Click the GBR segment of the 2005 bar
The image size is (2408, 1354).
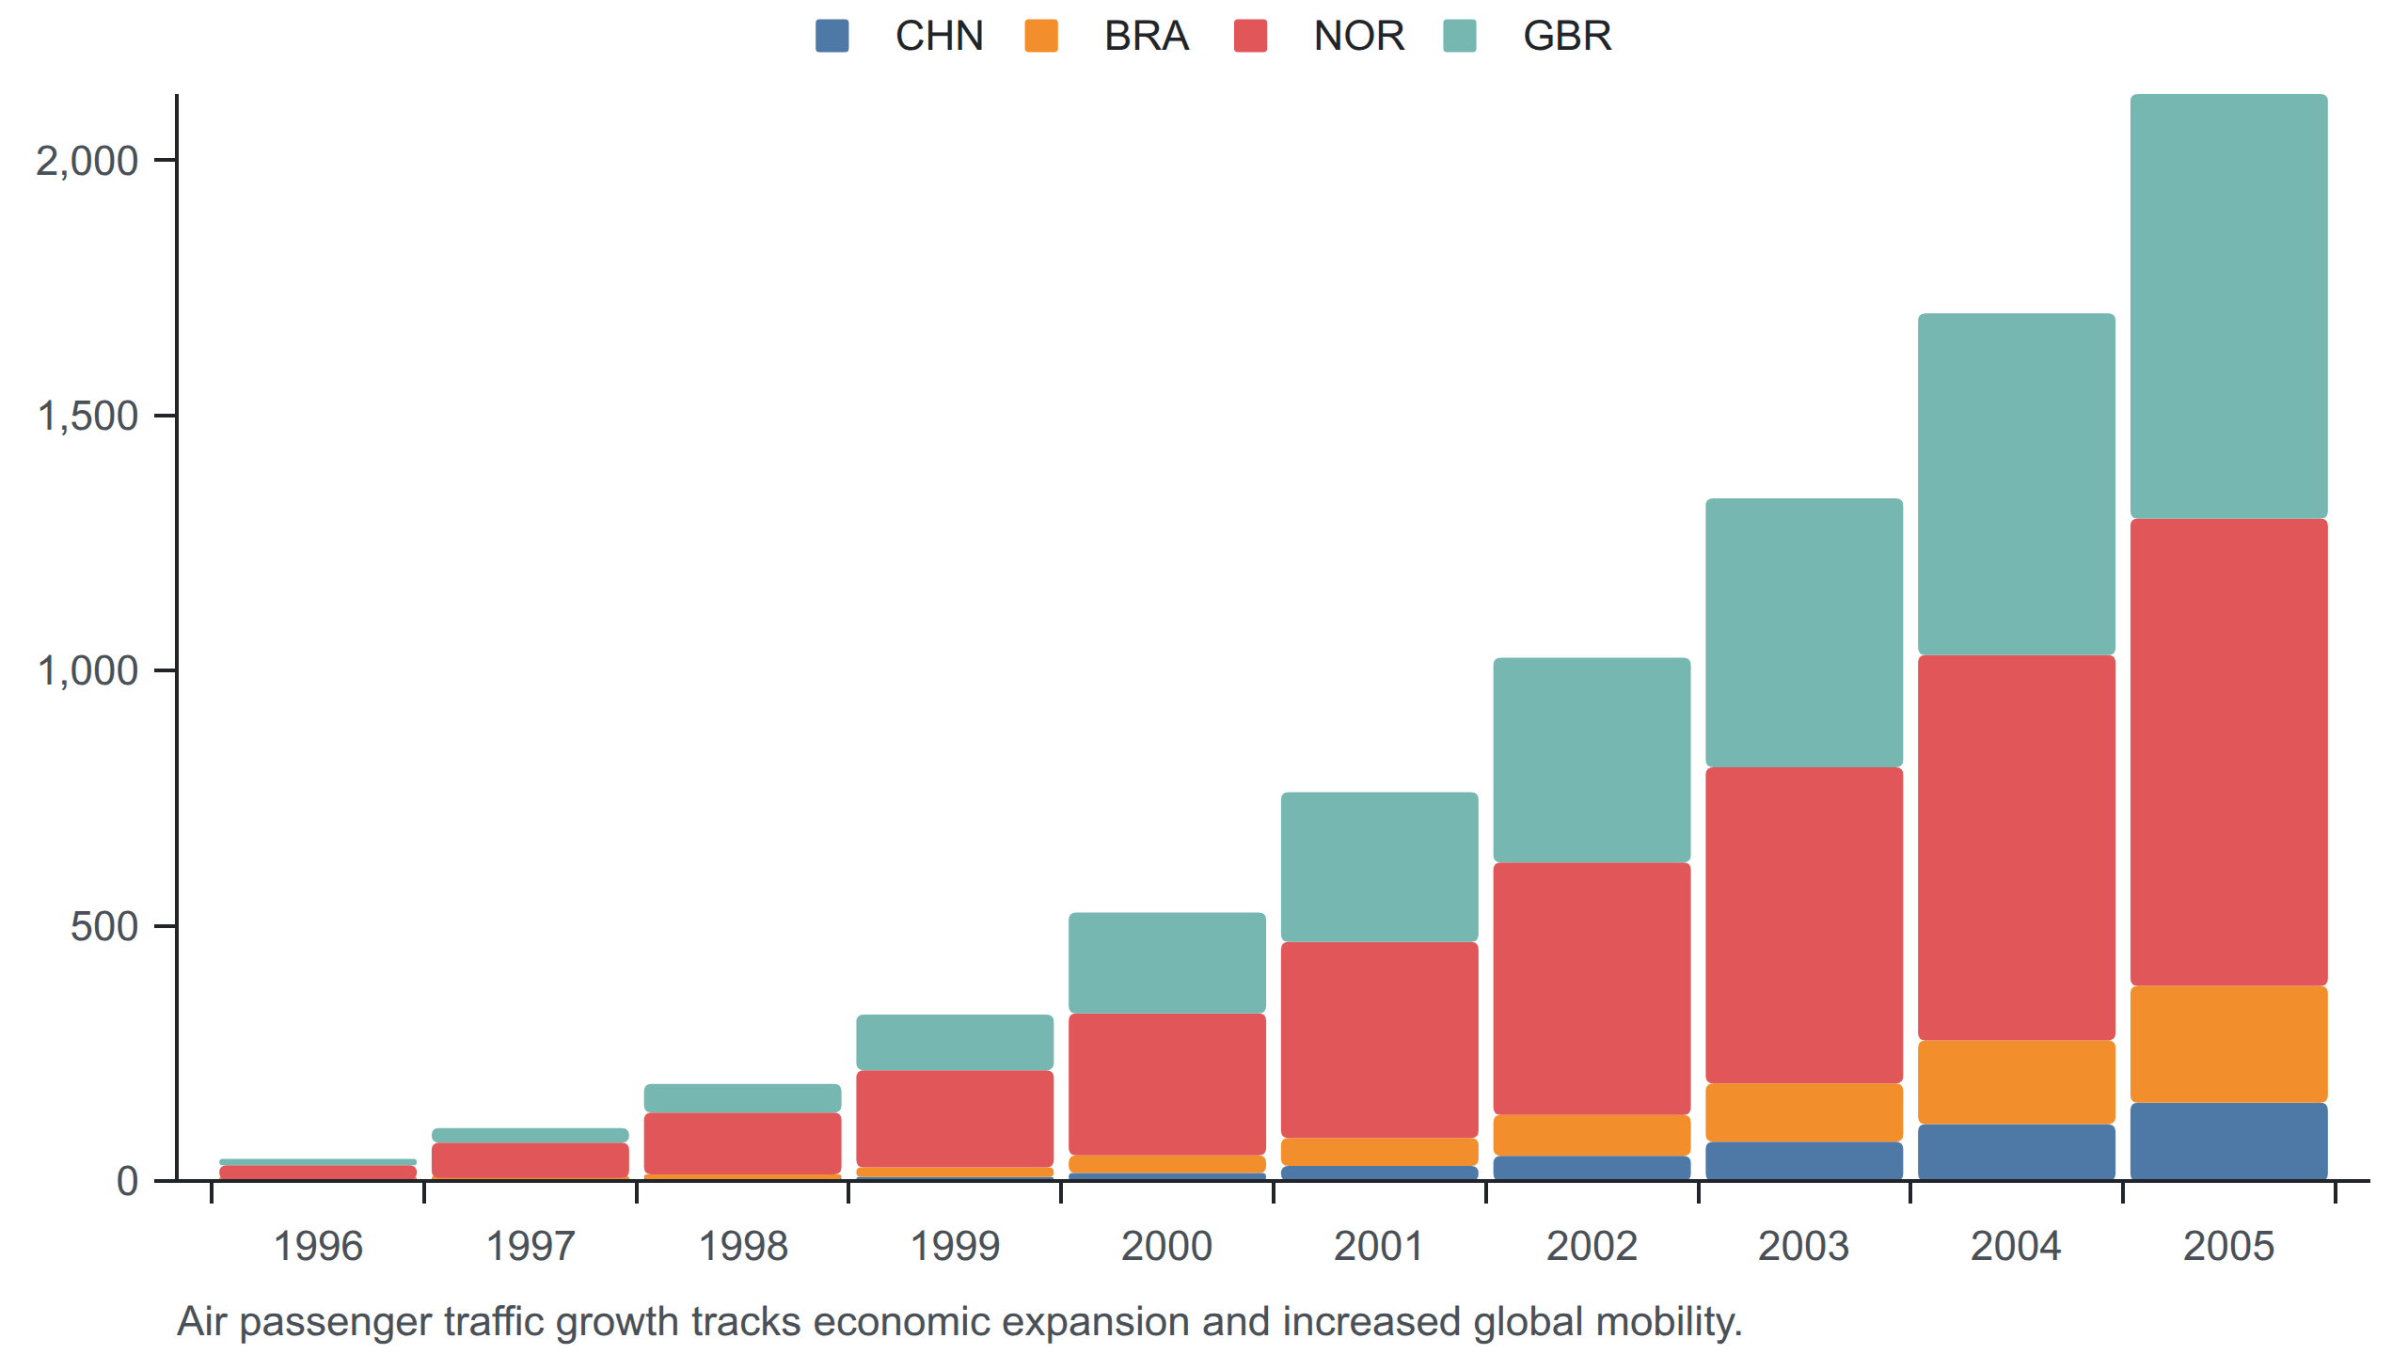pyautogui.click(x=2228, y=307)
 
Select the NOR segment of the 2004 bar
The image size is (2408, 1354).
pyautogui.click(x=2016, y=848)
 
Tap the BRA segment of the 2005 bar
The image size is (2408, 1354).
pyautogui.click(x=2228, y=1045)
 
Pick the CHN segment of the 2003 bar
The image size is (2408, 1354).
pyautogui.click(x=1804, y=1161)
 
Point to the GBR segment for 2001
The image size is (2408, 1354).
pyautogui.click(x=1379, y=867)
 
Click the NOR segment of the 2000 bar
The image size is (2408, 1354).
pyautogui.click(x=1166, y=1084)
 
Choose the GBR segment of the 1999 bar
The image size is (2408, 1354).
pyautogui.click(x=955, y=1043)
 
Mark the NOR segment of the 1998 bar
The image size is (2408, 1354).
pyautogui.click(x=742, y=1143)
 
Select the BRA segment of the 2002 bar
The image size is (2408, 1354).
pyautogui.click(x=1592, y=1136)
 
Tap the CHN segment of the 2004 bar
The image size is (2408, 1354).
pyautogui.click(x=2016, y=1153)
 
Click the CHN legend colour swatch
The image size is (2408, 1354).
pyautogui.click(x=832, y=36)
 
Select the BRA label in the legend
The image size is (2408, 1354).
pyautogui.click(x=1147, y=36)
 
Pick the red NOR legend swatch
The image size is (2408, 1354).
pyautogui.click(x=1250, y=36)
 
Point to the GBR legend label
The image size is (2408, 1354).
pyautogui.click(x=1567, y=36)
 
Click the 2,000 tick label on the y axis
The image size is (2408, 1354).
pyautogui.click(x=87, y=161)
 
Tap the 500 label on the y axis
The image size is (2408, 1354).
pyautogui.click(x=104, y=926)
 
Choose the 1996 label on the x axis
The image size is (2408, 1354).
pyautogui.click(x=318, y=1247)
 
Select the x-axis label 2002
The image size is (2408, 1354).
pyautogui.click(x=1592, y=1247)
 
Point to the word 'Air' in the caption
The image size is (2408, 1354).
pyautogui.click(x=202, y=1322)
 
